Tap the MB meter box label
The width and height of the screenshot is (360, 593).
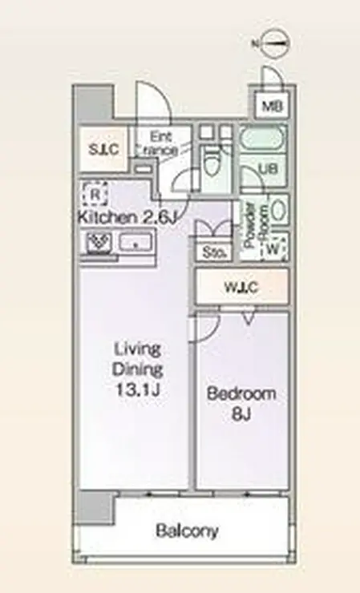point(273,107)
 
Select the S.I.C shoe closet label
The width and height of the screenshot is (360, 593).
point(103,149)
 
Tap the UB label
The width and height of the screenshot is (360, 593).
point(268,168)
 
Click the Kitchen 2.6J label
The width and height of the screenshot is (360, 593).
point(127,217)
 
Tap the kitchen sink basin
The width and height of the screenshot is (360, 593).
point(136,242)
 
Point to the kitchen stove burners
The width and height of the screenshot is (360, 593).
point(99,243)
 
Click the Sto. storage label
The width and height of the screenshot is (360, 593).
point(213,252)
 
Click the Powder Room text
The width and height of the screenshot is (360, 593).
point(256,226)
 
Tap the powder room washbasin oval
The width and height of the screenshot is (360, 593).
point(279,209)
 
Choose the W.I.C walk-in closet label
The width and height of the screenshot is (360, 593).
point(241,288)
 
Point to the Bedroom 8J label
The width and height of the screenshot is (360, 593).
point(241,405)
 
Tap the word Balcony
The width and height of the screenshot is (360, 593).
point(187,531)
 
